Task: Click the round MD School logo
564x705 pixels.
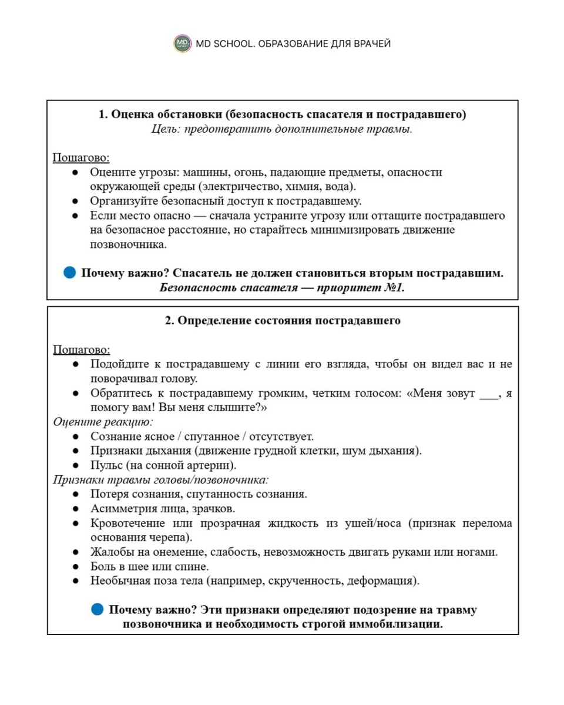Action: (x=183, y=43)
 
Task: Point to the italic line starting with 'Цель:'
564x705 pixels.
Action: (x=282, y=129)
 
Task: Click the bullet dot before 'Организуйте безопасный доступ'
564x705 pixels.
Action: (x=75, y=202)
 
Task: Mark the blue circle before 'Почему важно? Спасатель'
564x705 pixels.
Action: (x=69, y=273)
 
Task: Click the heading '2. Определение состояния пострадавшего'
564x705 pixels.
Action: (x=283, y=321)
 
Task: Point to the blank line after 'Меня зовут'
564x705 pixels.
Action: (x=488, y=394)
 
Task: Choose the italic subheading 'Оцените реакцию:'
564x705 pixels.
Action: (x=103, y=422)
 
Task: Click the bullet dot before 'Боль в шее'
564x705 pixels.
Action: (x=75, y=567)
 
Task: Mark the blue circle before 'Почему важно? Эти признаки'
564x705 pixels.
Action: (x=98, y=609)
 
